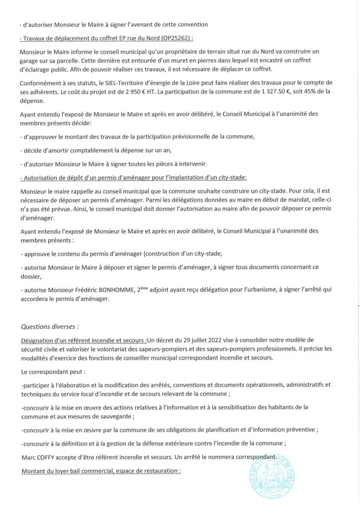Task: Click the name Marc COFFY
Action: [38, 455]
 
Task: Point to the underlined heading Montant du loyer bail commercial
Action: [100, 469]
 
